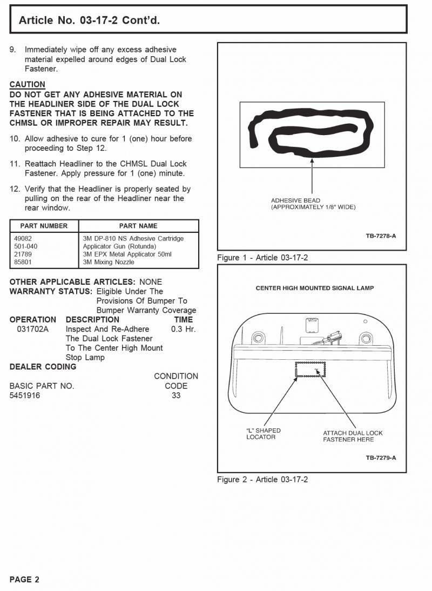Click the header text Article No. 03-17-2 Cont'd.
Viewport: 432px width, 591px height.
[x=89, y=21]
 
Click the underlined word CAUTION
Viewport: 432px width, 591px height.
[x=28, y=84]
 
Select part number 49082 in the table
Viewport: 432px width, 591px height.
[x=23, y=238]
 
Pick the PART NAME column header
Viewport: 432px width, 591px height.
[x=138, y=226]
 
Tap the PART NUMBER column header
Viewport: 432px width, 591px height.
[x=44, y=226]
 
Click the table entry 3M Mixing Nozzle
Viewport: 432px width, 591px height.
[x=109, y=262]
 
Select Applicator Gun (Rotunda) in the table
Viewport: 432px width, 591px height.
[x=119, y=246]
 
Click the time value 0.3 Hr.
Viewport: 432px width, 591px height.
[x=183, y=329]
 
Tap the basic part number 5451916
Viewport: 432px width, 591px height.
[x=25, y=395]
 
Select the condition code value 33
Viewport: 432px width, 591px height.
[x=176, y=395]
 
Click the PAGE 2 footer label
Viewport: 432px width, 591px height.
[x=24, y=580]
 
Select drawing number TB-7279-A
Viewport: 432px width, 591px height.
[x=381, y=458]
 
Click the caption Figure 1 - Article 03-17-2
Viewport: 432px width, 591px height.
[x=262, y=258]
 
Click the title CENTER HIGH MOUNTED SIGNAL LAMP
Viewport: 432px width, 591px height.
[x=315, y=288]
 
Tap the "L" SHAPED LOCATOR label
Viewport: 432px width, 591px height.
[x=263, y=434]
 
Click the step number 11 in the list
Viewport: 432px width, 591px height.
[x=15, y=164]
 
